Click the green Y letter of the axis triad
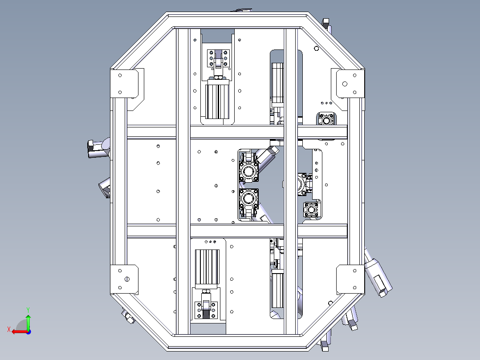click(28, 310)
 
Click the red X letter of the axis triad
click(9, 330)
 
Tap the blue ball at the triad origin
click(28, 332)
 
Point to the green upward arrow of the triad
click(28, 321)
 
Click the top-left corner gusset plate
click(124, 83)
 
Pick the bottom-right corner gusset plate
click(350, 279)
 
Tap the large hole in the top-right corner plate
click(345, 84)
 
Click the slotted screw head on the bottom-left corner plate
click(127, 279)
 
